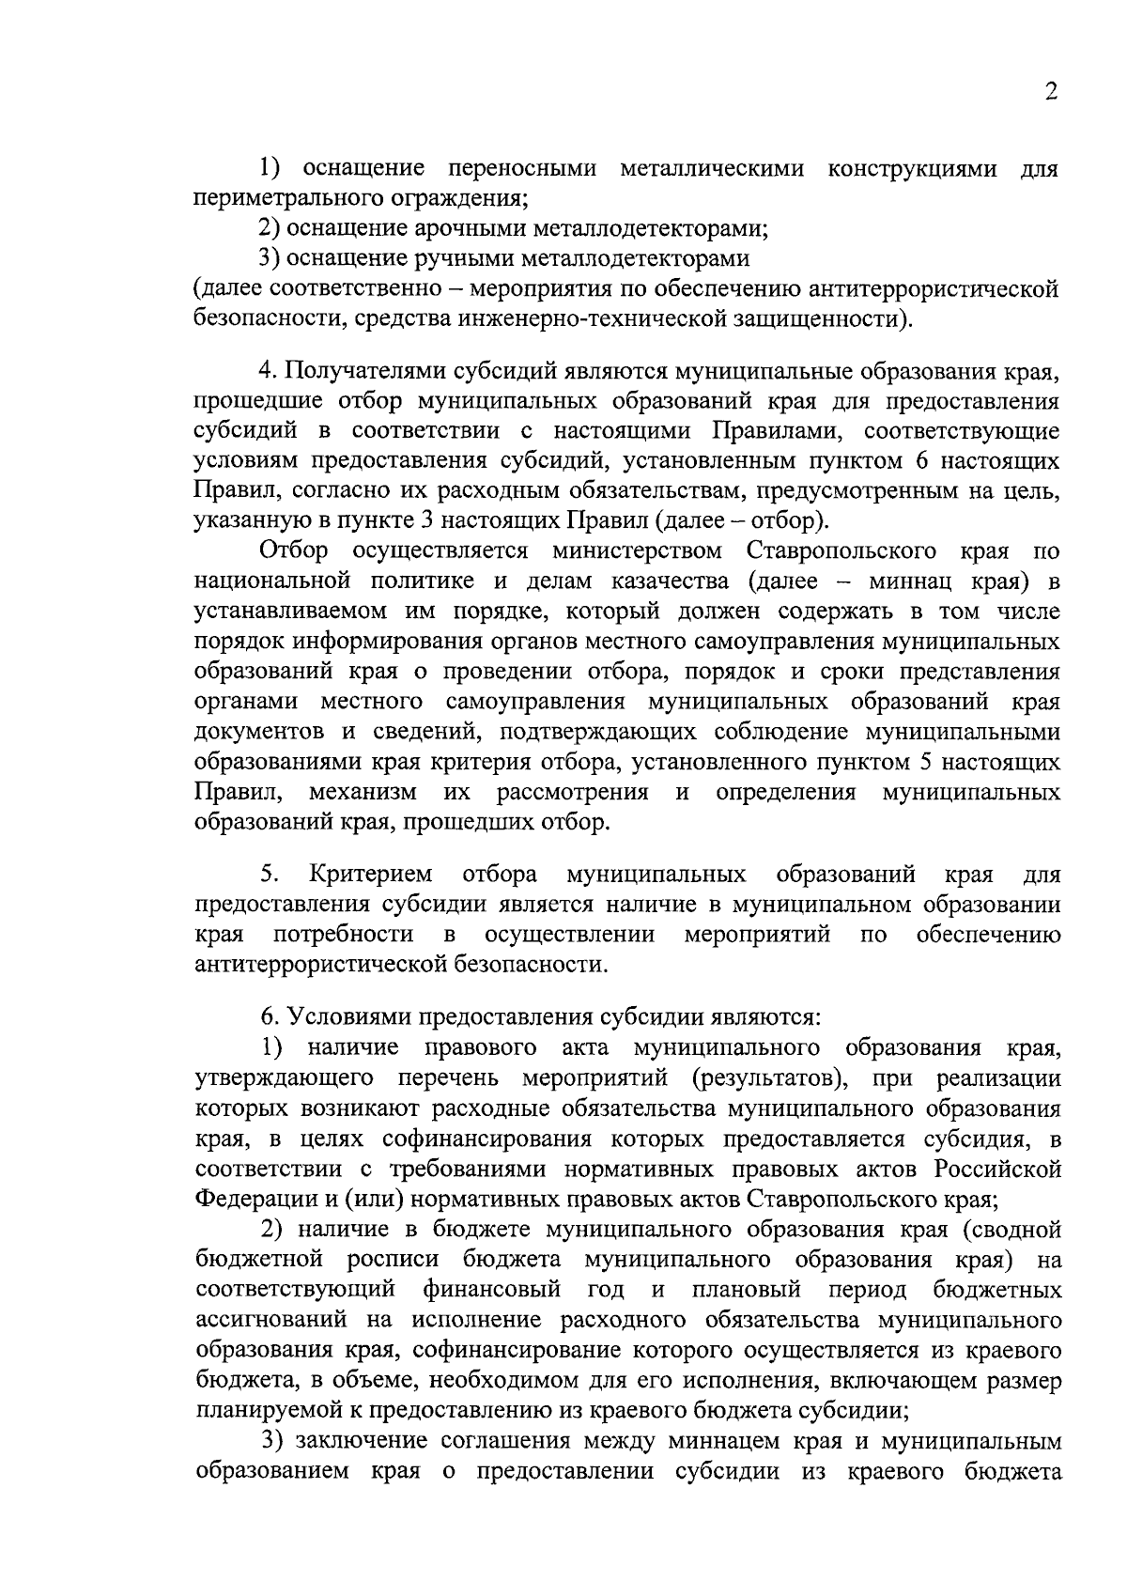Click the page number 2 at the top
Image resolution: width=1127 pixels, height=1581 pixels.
tap(1051, 91)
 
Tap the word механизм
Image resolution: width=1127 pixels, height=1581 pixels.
tap(363, 792)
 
